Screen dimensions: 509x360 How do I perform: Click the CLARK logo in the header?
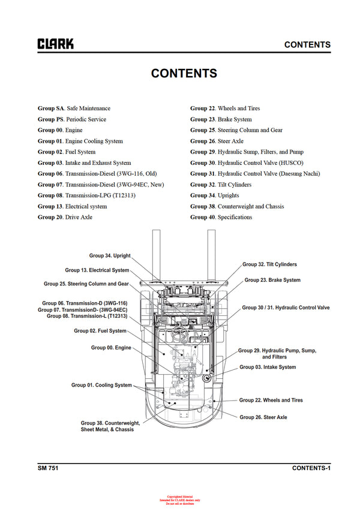point(56,44)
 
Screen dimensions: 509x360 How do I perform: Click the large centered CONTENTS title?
point(184,73)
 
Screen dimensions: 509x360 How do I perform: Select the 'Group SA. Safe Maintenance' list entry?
point(74,109)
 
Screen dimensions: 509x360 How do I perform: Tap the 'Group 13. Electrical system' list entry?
point(72,206)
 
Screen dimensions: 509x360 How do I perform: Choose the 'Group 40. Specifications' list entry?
point(221,217)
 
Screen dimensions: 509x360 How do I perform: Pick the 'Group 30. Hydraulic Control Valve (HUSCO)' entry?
point(247,163)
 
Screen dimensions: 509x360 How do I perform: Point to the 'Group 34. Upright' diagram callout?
point(109,256)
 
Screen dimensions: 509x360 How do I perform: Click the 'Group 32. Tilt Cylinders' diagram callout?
point(269,264)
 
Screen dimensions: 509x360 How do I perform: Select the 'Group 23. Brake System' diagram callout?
point(272,280)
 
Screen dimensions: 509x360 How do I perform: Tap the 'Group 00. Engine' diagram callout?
point(111,348)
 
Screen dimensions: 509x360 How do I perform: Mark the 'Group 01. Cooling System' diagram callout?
point(101,385)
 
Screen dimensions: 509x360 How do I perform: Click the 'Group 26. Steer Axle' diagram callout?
point(263,417)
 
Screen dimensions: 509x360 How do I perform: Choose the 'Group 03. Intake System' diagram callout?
point(268,367)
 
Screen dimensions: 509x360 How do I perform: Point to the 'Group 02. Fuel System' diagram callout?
point(100,331)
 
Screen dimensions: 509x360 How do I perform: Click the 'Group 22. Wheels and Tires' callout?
point(271,400)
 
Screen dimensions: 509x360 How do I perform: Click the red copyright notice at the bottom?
point(183,500)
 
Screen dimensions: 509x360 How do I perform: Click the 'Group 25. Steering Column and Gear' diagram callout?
point(86,284)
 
